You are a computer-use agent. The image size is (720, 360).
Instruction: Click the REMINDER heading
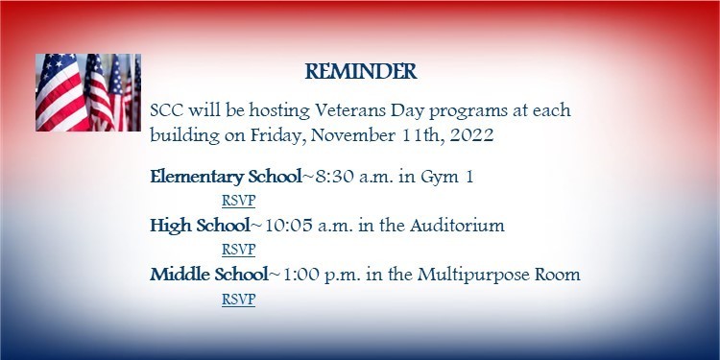point(361,72)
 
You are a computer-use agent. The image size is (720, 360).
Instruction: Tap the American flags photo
point(88,92)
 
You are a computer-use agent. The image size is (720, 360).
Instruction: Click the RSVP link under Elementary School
point(238,201)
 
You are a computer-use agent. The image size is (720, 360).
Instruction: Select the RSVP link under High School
point(238,250)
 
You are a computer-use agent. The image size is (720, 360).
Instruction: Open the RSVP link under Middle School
point(238,299)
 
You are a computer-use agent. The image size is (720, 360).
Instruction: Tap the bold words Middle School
point(208,275)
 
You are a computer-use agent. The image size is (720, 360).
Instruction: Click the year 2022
point(470,135)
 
